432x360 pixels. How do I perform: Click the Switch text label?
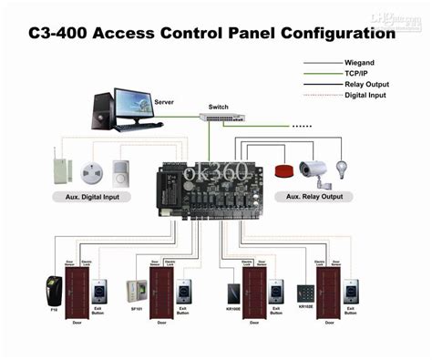(x=219, y=107)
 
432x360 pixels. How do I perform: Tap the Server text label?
(x=164, y=103)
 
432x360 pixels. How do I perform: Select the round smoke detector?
(x=90, y=171)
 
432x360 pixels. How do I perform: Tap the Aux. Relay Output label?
(x=314, y=196)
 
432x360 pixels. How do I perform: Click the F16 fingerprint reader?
(x=52, y=290)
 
